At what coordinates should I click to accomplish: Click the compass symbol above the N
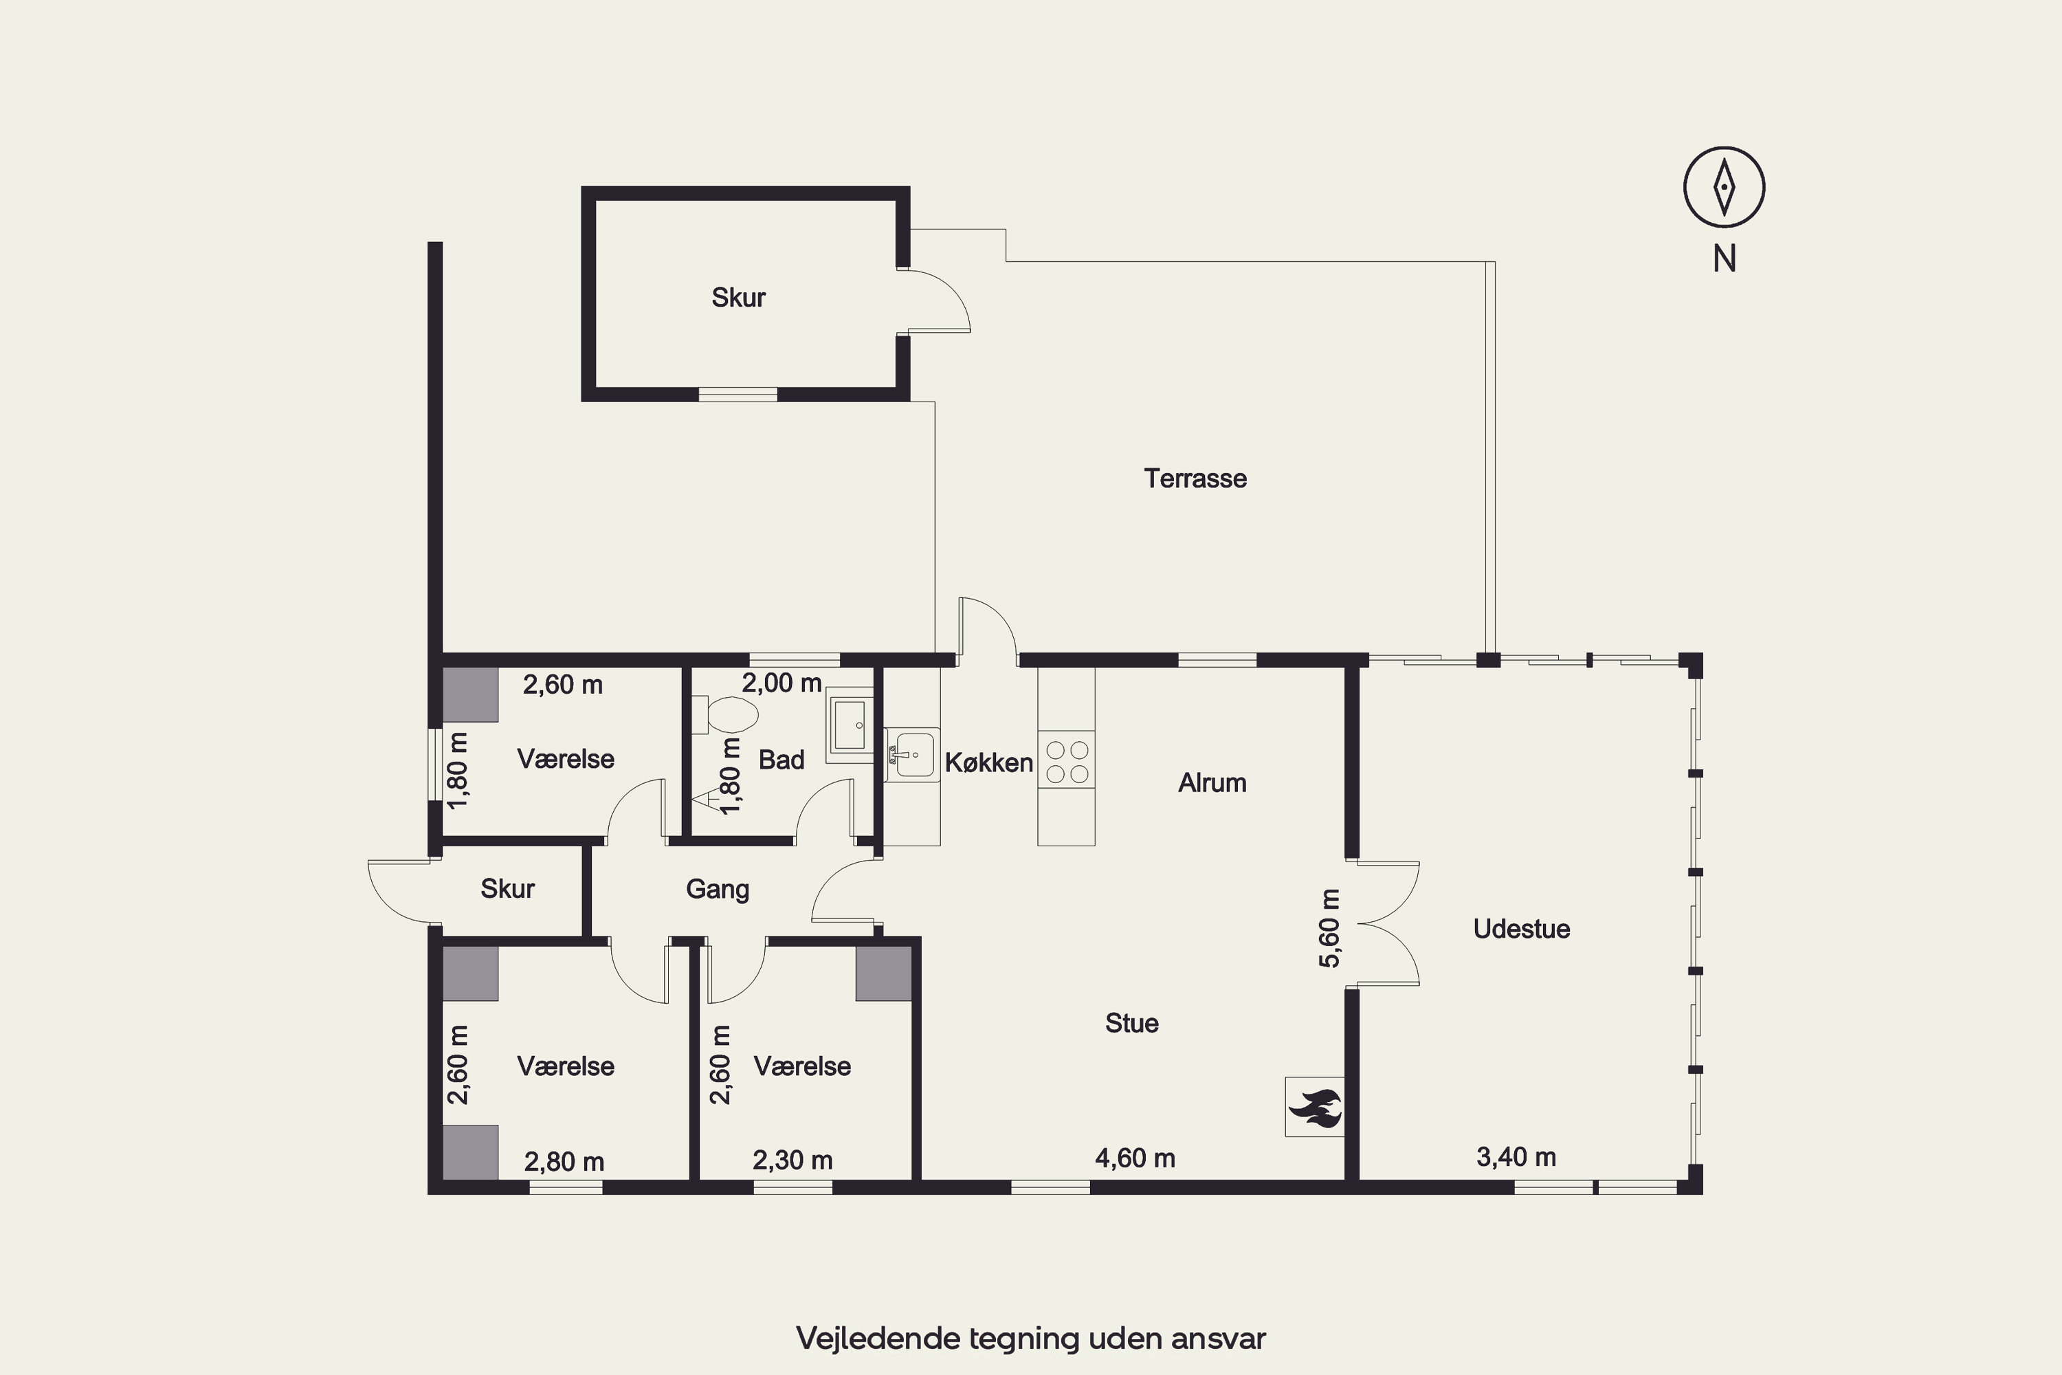tap(1724, 187)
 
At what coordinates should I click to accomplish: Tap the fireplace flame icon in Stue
tap(1314, 1107)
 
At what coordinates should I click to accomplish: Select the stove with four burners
tap(1066, 760)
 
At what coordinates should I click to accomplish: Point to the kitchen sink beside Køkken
tap(912, 754)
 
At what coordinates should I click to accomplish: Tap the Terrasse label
tap(1195, 478)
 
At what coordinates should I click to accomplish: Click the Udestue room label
tap(1521, 929)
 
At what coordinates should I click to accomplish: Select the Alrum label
tap(1212, 783)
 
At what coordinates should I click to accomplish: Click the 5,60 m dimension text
tap(1330, 929)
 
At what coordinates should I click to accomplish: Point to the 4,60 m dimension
tap(1135, 1158)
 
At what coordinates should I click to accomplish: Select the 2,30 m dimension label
tap(792, 1161)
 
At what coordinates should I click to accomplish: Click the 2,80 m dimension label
tap(564, 1162)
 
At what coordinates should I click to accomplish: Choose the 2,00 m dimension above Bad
tap(782, 683)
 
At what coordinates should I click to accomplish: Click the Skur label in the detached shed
tap(738, 298)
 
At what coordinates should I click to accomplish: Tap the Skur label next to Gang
tap(508, 889)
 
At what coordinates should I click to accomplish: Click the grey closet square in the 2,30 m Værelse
tap(884, 974)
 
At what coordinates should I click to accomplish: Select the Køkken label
tap(989, 763)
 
